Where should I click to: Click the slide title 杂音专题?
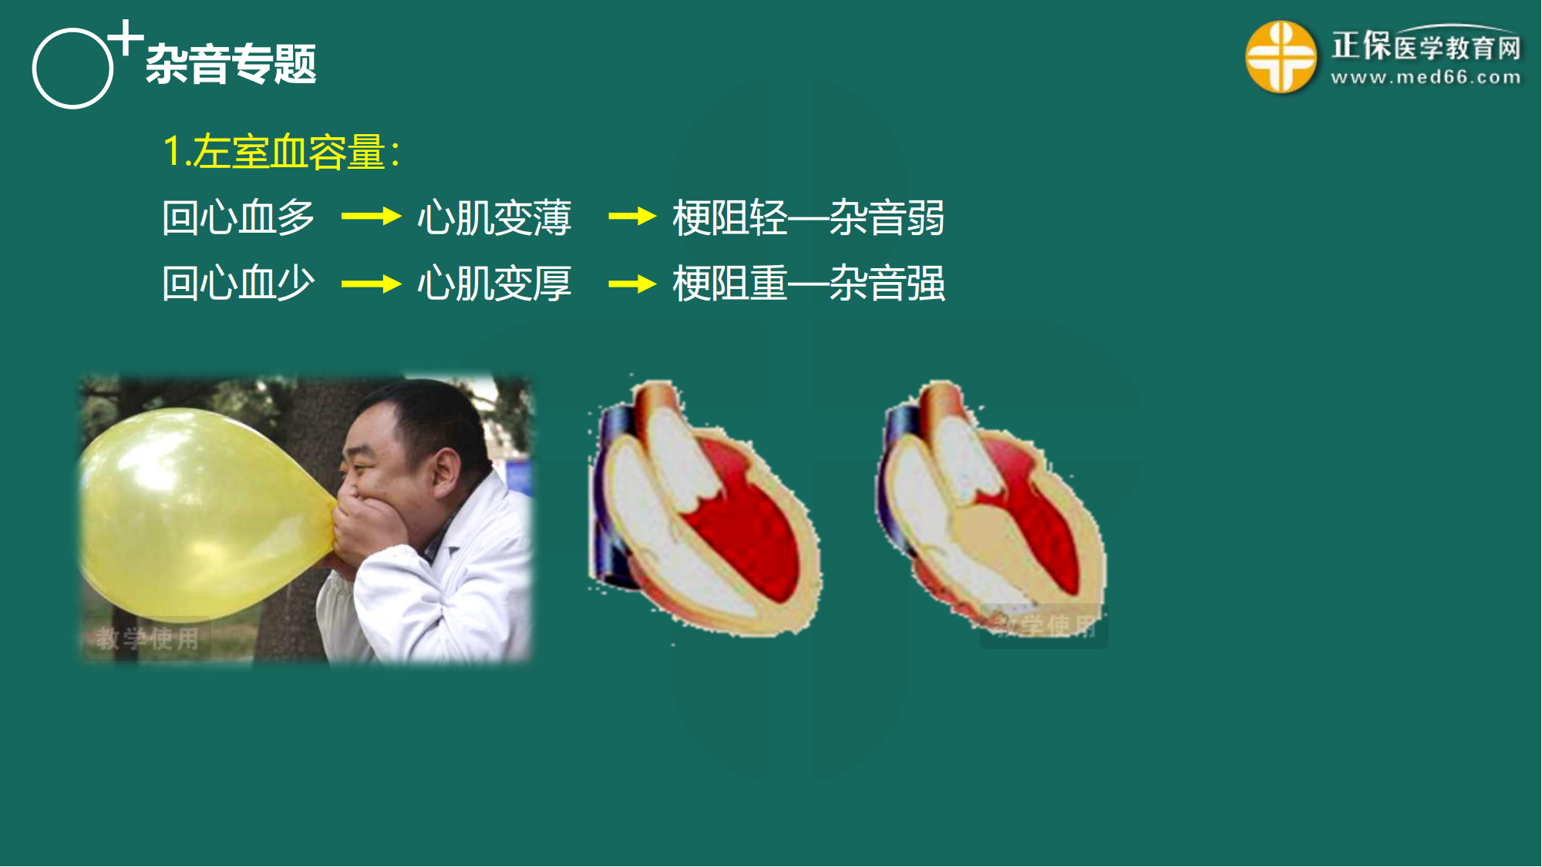[x=231, y=63]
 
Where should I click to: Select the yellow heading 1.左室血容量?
[x=281, y=151]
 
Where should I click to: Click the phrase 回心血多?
[x=238, y=217]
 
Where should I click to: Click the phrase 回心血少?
[x=238, y=284]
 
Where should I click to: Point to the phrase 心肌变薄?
[x=494, y=217]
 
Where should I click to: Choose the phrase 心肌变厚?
[x=494, y=284]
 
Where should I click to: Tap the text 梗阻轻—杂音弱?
[x=809, y=217]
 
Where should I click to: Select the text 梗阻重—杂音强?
[x=809, y=284]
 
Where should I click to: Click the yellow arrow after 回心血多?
[x=371, y=217]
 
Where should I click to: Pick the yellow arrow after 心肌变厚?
[x=632, y=284]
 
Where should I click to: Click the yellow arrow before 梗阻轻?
[x=632, y=217]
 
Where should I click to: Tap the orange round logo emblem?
[x=1281, y=56]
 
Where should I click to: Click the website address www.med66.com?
[x=1426, y=77]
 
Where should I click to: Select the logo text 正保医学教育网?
[x=1426, y=45]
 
